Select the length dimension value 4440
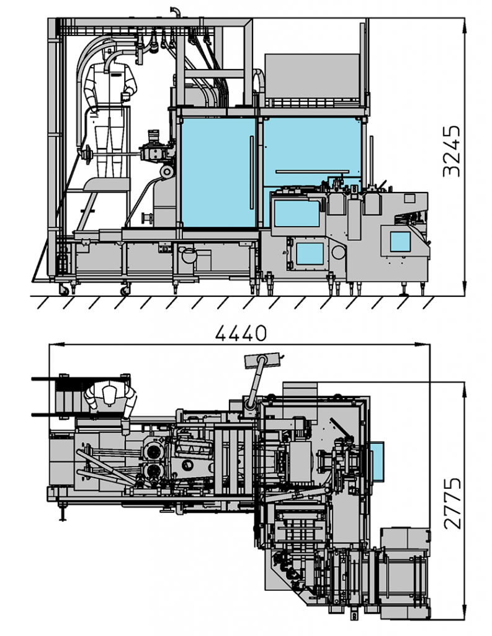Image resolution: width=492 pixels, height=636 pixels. tap(241, 334)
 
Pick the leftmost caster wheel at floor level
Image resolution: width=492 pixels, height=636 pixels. tap(64, 289)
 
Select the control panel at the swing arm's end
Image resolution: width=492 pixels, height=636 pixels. tap(263, 360)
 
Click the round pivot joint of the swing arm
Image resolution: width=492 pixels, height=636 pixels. tap(249, 404)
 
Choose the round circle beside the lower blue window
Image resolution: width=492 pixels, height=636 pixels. tap(339, 252)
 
